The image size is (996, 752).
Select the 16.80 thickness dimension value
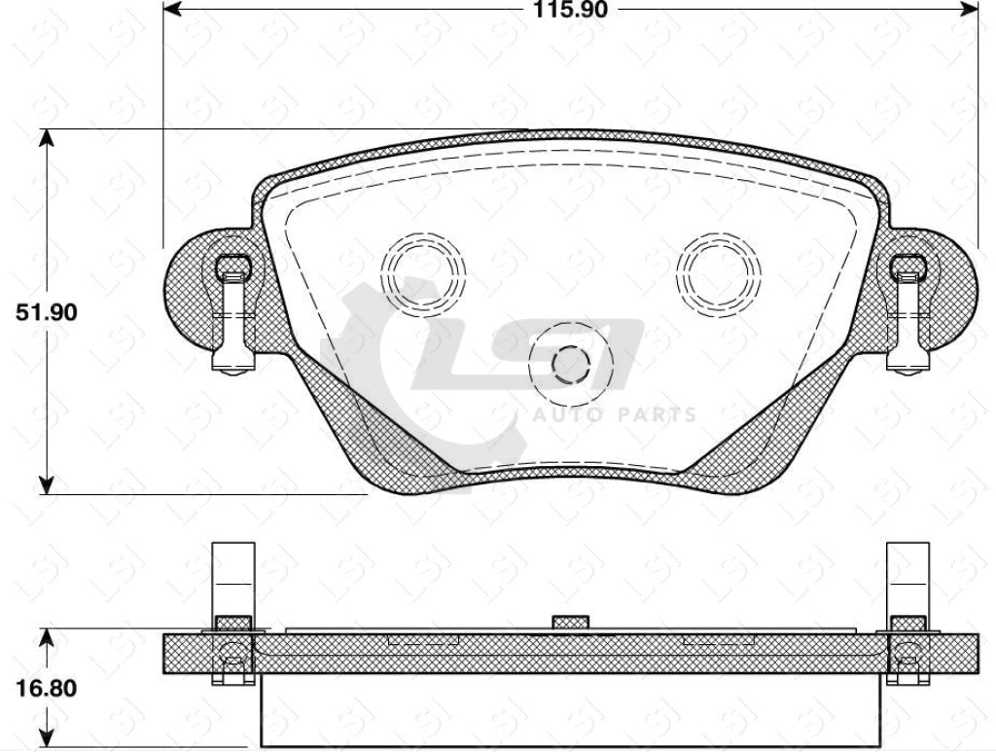coord(45,688)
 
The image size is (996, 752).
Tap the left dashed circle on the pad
coord(423,271)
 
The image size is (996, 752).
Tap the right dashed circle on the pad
coord(719,271)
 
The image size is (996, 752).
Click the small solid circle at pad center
coord(571,365)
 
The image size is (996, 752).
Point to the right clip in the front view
coord(908,311)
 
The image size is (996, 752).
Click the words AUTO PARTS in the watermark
coord(613,415)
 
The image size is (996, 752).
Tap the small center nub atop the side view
coord(570,622)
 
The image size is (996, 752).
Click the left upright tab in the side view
coord(232,579)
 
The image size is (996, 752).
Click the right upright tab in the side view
coord(907,579)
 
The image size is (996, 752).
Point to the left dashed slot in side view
coord(423,640)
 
